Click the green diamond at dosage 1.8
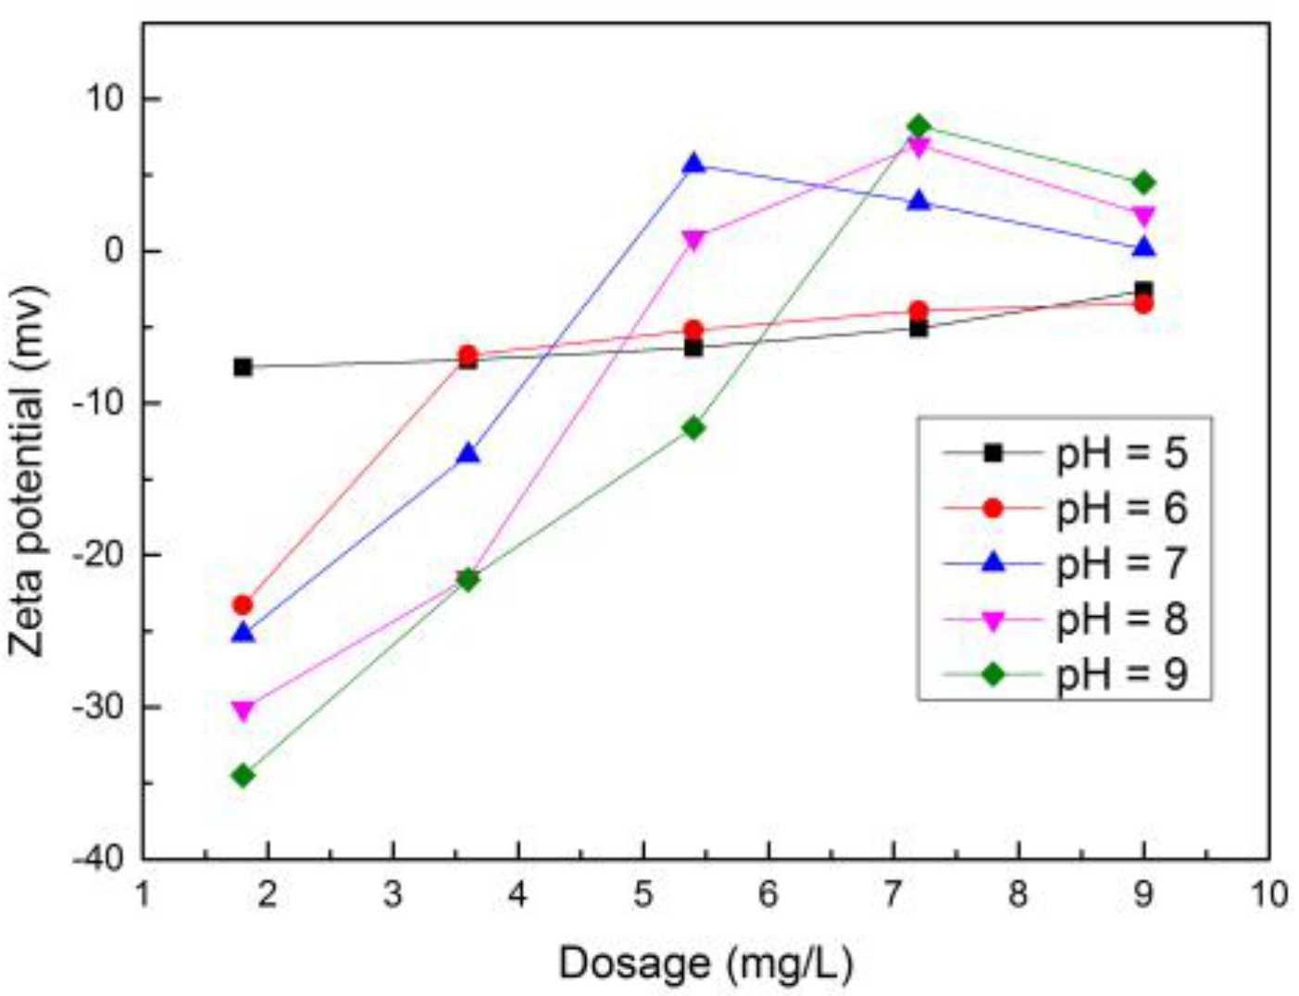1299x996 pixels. [243, 775]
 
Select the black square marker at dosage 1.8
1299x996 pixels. [243, 367]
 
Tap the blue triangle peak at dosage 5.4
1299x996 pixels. [693, 164]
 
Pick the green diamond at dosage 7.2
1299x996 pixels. [918, 127]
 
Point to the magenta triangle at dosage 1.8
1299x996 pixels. [243, 711]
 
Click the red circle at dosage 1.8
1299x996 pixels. [243, 605]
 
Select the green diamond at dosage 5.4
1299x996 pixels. [693, 427]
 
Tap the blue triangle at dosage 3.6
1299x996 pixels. [468, 454]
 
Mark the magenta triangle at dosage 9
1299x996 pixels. [1143, 216]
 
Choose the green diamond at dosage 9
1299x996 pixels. [1143, 183]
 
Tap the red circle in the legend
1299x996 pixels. [993, 509]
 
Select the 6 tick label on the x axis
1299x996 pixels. [768, 895]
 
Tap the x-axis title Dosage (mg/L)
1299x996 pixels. [706, 964]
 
